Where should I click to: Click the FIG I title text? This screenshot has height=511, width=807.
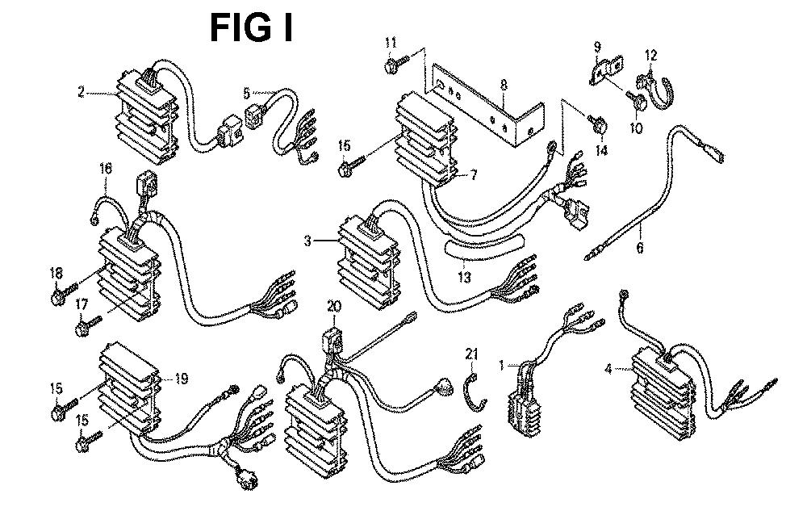pos(251,27)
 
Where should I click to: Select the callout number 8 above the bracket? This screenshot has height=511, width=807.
pos(503,83)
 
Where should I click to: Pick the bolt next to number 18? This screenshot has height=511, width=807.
pos(59,298)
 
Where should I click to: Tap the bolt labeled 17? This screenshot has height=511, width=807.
pos(84,329)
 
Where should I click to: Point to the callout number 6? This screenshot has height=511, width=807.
pos(640,248)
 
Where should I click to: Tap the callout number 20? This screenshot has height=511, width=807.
pos(334,305)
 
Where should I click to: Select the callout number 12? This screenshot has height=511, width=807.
pos(650,56)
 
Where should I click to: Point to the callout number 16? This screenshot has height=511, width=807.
pos(106,170)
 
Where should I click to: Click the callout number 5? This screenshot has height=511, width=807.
pos(248,93)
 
